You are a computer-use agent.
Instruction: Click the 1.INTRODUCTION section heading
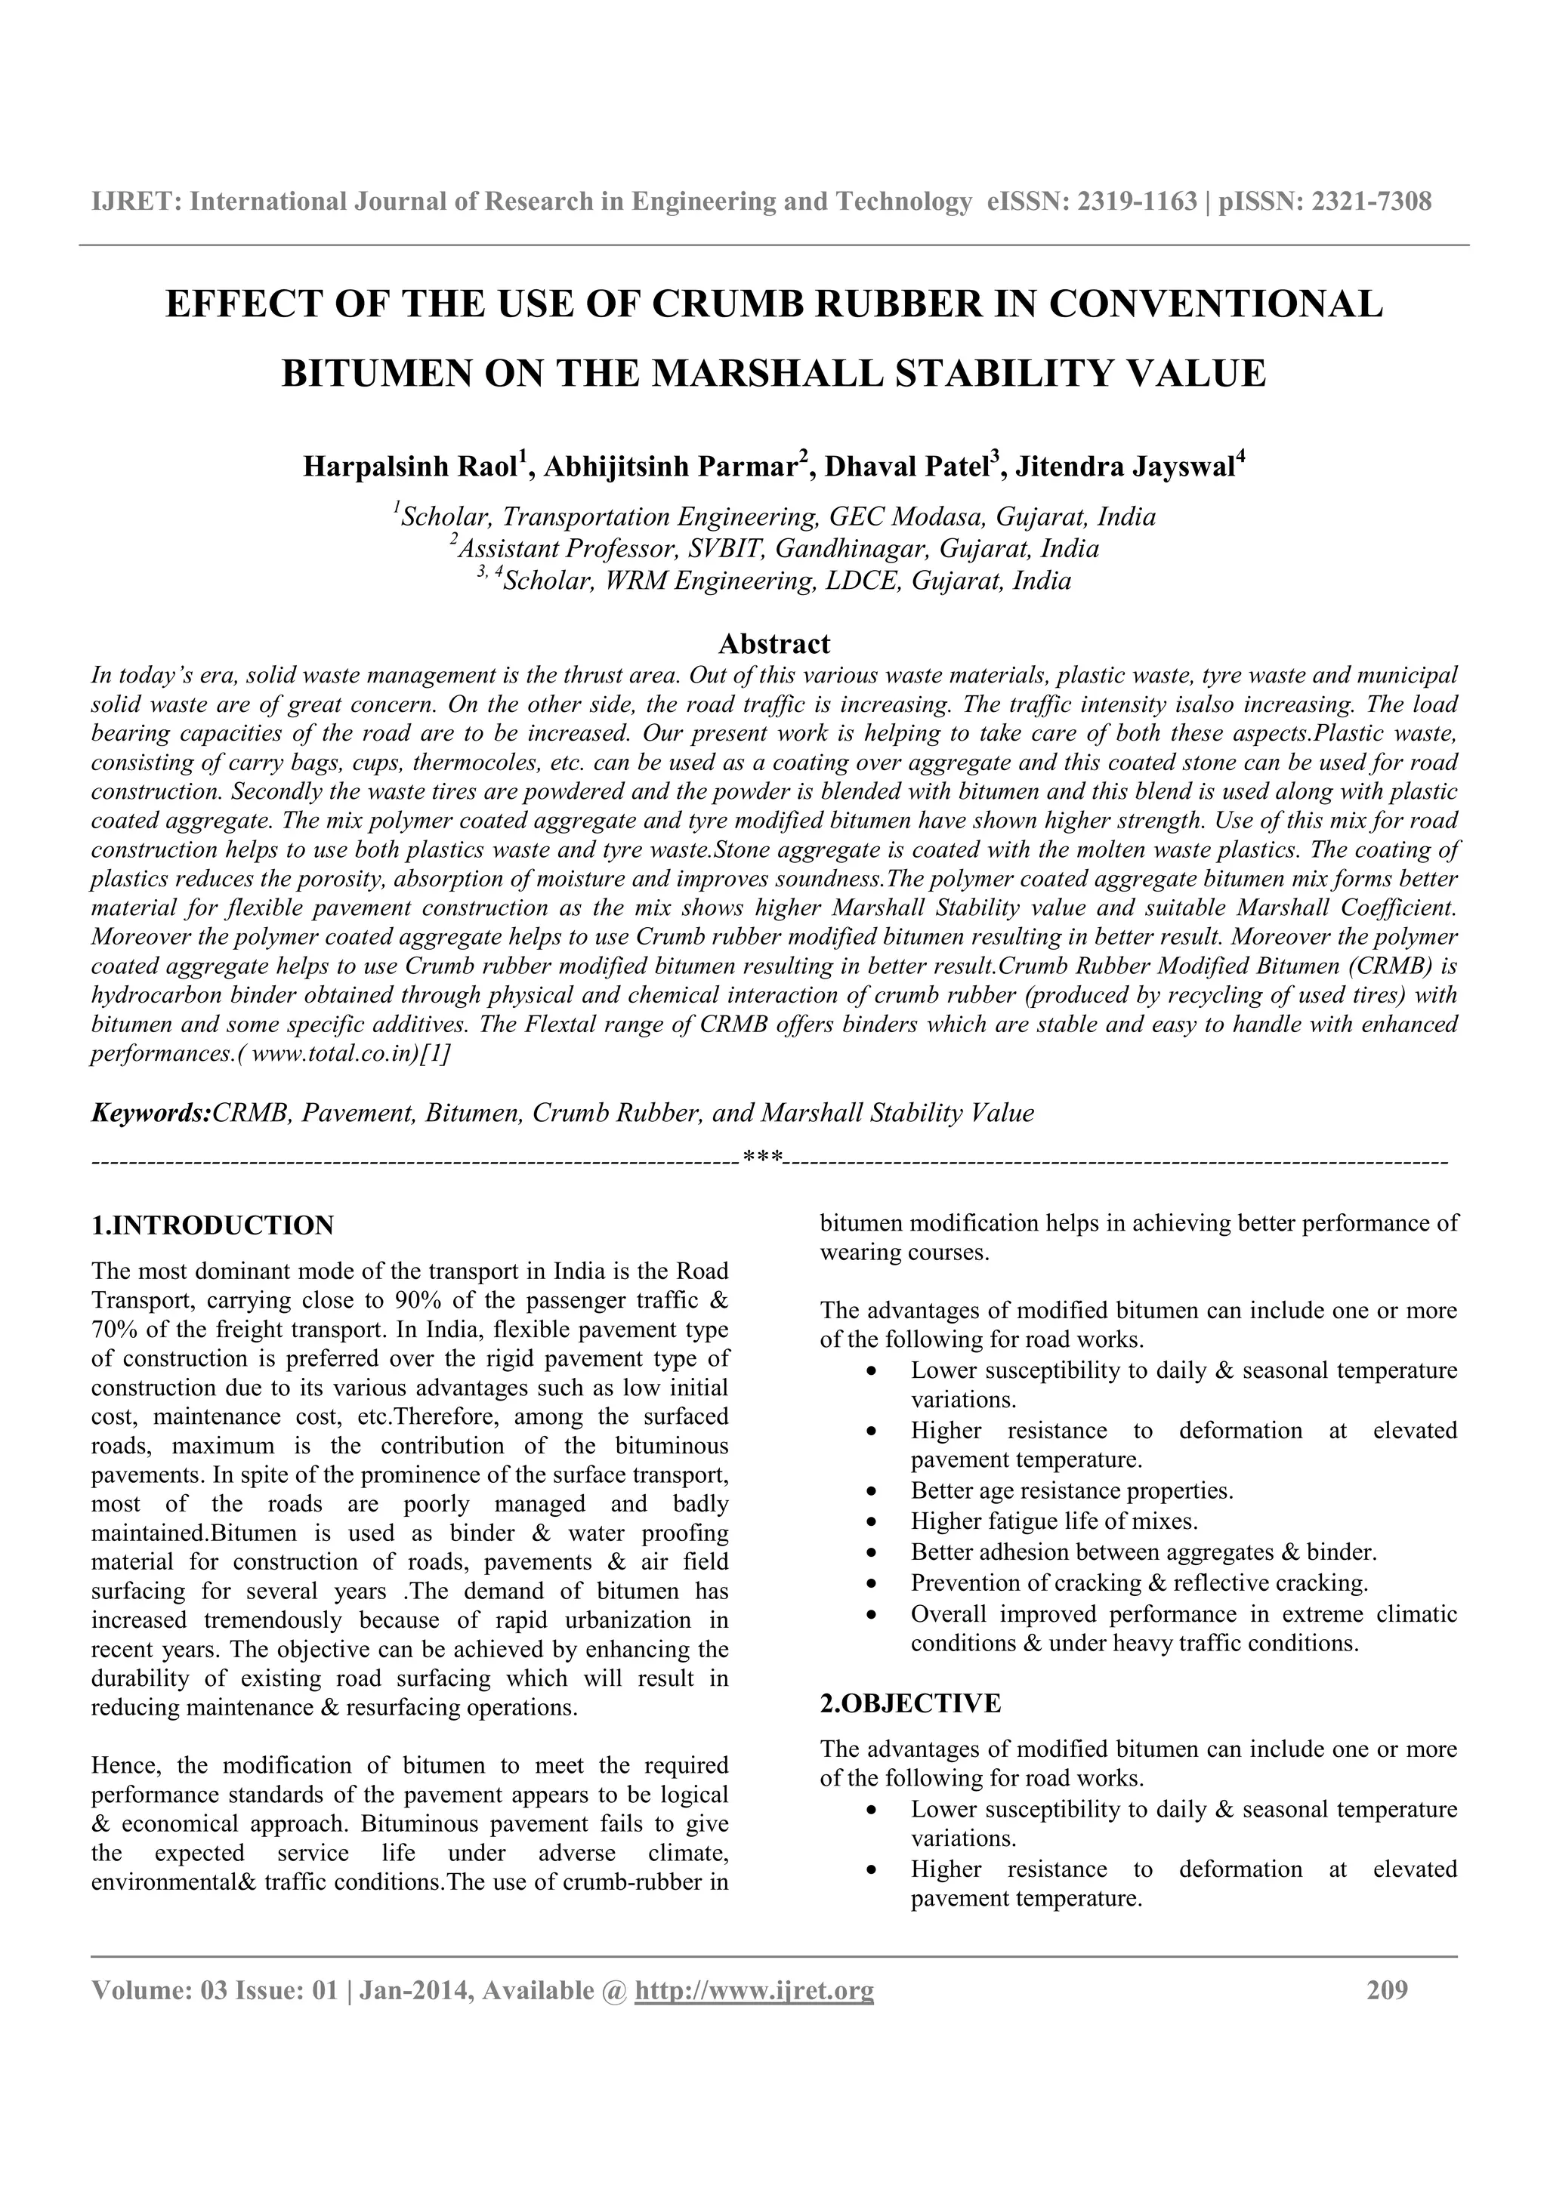(x=212, y=1225)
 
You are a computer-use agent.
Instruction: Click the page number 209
(x=1387, y=1991)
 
